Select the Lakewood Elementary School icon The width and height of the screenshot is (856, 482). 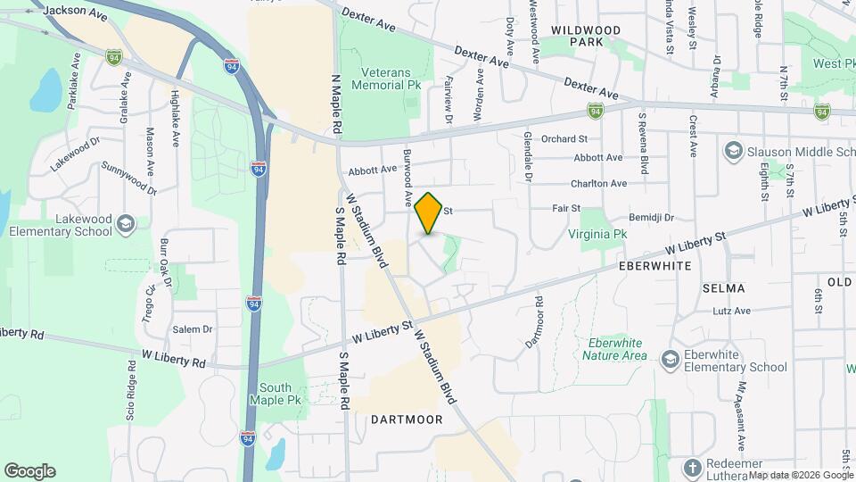[126, 223]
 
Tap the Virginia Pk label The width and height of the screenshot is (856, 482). [598, 234]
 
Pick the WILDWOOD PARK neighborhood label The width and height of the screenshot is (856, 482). [586, 36]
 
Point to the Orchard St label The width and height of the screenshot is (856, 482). [564, 138]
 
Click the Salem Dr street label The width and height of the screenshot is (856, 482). [193, 329]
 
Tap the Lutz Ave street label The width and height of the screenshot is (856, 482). [731, 311]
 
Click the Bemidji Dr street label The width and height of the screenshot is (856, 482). [652, 217]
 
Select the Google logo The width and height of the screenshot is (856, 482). [29, 470]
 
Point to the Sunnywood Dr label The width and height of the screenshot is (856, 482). [130, 177]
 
